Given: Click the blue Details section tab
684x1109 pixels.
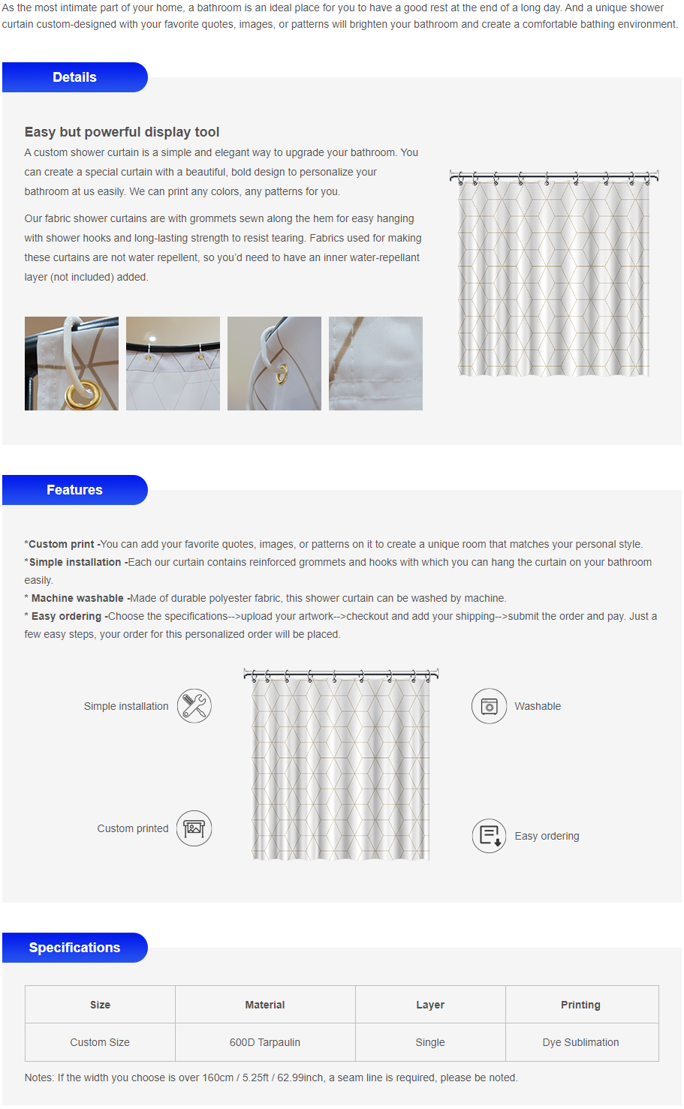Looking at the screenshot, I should point(74,77).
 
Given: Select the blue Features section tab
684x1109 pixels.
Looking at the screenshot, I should point(74,490).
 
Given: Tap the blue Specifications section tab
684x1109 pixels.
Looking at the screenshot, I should point(74,948).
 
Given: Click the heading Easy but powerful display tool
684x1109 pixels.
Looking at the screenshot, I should point(122,132).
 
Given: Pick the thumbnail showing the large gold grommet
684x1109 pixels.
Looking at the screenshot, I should point(71,363).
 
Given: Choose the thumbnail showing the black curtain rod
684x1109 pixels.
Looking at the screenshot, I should point(173,363).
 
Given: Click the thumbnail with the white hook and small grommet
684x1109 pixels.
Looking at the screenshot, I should point(274,363).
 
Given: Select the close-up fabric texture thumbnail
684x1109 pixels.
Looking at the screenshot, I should point(375,363).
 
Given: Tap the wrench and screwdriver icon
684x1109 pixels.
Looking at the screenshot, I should point(194,706).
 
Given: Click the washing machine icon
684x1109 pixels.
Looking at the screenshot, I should point(490,706).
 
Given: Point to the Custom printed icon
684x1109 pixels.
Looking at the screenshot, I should point(194,828).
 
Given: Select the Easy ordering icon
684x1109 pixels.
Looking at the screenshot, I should point(490,836).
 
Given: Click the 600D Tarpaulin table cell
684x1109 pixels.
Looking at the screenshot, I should point(265,1042).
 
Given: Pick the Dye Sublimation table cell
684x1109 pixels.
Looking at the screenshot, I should point(581,1042).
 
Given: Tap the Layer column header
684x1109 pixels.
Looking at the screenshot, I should point(430,1005).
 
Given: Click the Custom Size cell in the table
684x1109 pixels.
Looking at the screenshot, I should point(100,1042).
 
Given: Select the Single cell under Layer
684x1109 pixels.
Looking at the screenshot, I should point(430,1042).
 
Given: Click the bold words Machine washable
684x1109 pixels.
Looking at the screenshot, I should point(77,598).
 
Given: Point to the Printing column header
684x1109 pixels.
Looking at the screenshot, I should point(581,1005).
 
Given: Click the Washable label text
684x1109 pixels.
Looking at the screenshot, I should point(538,706).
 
